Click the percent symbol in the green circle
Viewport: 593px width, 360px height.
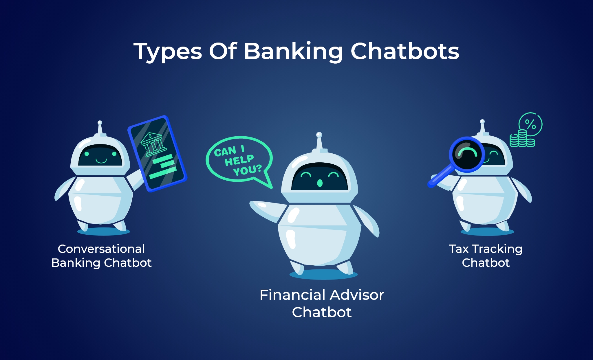(x=530, y=124)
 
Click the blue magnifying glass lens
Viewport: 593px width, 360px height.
(x=467, y=154)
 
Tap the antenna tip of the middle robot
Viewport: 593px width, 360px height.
(x=319, y=135)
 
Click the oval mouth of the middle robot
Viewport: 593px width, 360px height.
(x=320, y=183)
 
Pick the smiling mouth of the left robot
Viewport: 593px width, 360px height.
(x=101, y=161)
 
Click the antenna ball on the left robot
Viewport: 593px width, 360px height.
(x=100, y=122)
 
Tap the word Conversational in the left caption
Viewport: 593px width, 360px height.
(x=101, y=249)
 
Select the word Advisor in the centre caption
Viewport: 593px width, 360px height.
(x=357, y=295)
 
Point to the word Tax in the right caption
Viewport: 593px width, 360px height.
(x=459, y=249)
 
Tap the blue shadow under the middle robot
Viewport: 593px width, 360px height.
(x=324, y=274)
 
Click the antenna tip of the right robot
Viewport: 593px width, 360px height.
(x=482, y=122)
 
